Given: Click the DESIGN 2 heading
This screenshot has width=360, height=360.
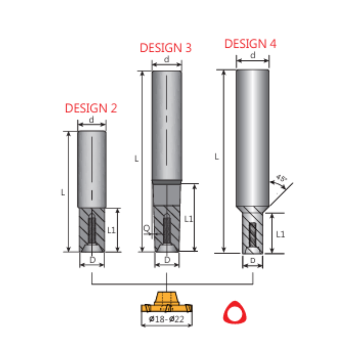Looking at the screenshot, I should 91,108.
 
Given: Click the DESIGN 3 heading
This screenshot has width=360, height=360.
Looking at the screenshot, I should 166,48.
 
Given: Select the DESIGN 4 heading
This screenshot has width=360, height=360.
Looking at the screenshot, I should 250,44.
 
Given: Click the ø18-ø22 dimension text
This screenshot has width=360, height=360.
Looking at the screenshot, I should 166,319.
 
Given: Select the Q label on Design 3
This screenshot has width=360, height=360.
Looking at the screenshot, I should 146,229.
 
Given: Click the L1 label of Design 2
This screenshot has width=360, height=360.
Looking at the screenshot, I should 111,230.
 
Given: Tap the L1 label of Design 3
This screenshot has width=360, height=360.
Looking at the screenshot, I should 189,219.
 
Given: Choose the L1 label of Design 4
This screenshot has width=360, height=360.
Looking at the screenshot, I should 280,234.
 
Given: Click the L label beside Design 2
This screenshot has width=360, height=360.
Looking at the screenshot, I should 63,192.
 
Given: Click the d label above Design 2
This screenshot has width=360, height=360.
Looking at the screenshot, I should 91,120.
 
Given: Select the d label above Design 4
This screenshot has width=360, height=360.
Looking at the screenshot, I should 252,55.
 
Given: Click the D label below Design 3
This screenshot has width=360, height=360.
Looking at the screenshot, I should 167,260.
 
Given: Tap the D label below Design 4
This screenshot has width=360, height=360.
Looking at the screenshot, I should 252,261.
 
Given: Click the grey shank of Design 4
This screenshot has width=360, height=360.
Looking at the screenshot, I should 252,135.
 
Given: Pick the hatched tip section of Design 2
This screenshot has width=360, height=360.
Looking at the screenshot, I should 92,229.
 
